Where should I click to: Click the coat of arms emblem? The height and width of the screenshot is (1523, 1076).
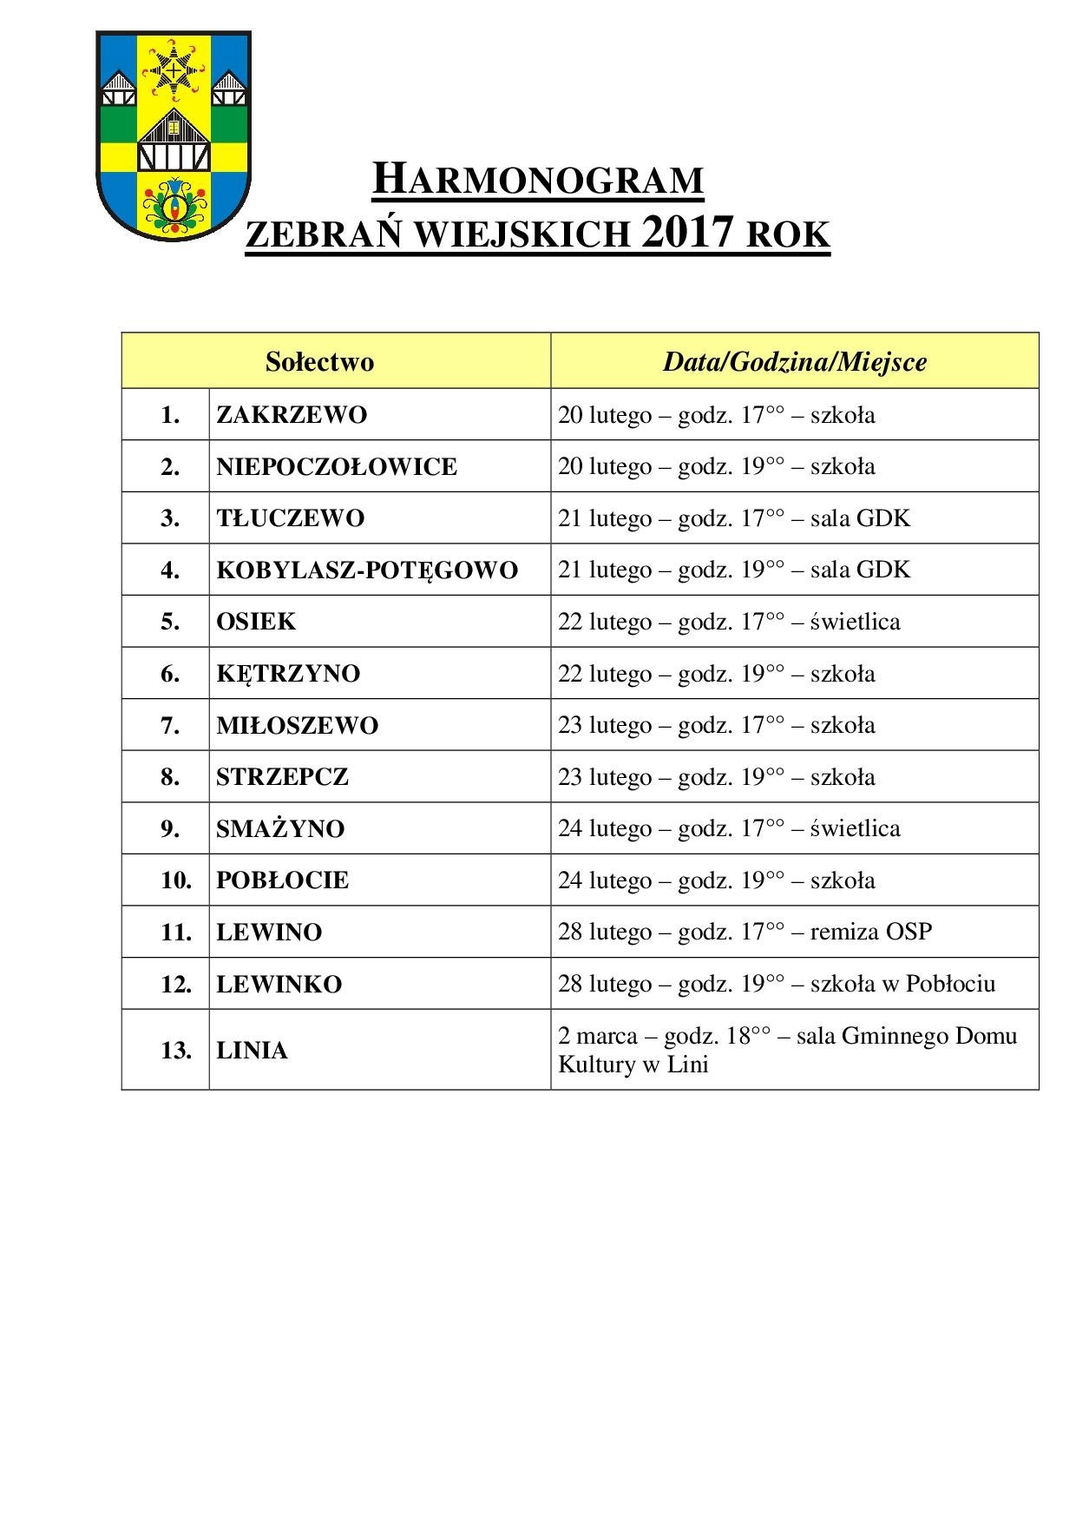pos(173,135)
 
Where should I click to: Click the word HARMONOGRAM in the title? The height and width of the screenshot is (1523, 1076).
pos(537,179)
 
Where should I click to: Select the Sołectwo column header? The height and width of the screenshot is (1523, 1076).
pos(319,361)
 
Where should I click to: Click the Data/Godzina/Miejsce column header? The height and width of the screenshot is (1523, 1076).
pos(794,361)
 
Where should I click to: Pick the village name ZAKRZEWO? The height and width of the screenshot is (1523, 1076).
pos(292,414)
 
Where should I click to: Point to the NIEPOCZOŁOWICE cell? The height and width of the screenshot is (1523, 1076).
pos(337,466)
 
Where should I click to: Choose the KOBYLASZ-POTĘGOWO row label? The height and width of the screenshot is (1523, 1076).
pos(367,570)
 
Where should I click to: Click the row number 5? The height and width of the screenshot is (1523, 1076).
pos(170,622)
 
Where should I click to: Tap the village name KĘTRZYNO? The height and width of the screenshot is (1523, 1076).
pos(288,674)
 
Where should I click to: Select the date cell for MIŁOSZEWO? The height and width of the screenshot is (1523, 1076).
pos(716,725)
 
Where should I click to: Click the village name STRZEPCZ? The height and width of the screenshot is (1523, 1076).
pos(282,776)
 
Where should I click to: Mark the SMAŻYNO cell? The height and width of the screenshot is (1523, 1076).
pos(280,828)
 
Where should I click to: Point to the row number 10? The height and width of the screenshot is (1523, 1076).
pos(175,880)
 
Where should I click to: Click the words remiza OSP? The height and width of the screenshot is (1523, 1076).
pos(871,932)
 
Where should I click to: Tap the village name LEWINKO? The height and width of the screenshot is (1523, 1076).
pos(279,984)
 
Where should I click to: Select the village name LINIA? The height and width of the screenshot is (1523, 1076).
pos(252,1051)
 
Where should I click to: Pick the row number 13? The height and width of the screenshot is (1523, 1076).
pos(175,1051)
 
